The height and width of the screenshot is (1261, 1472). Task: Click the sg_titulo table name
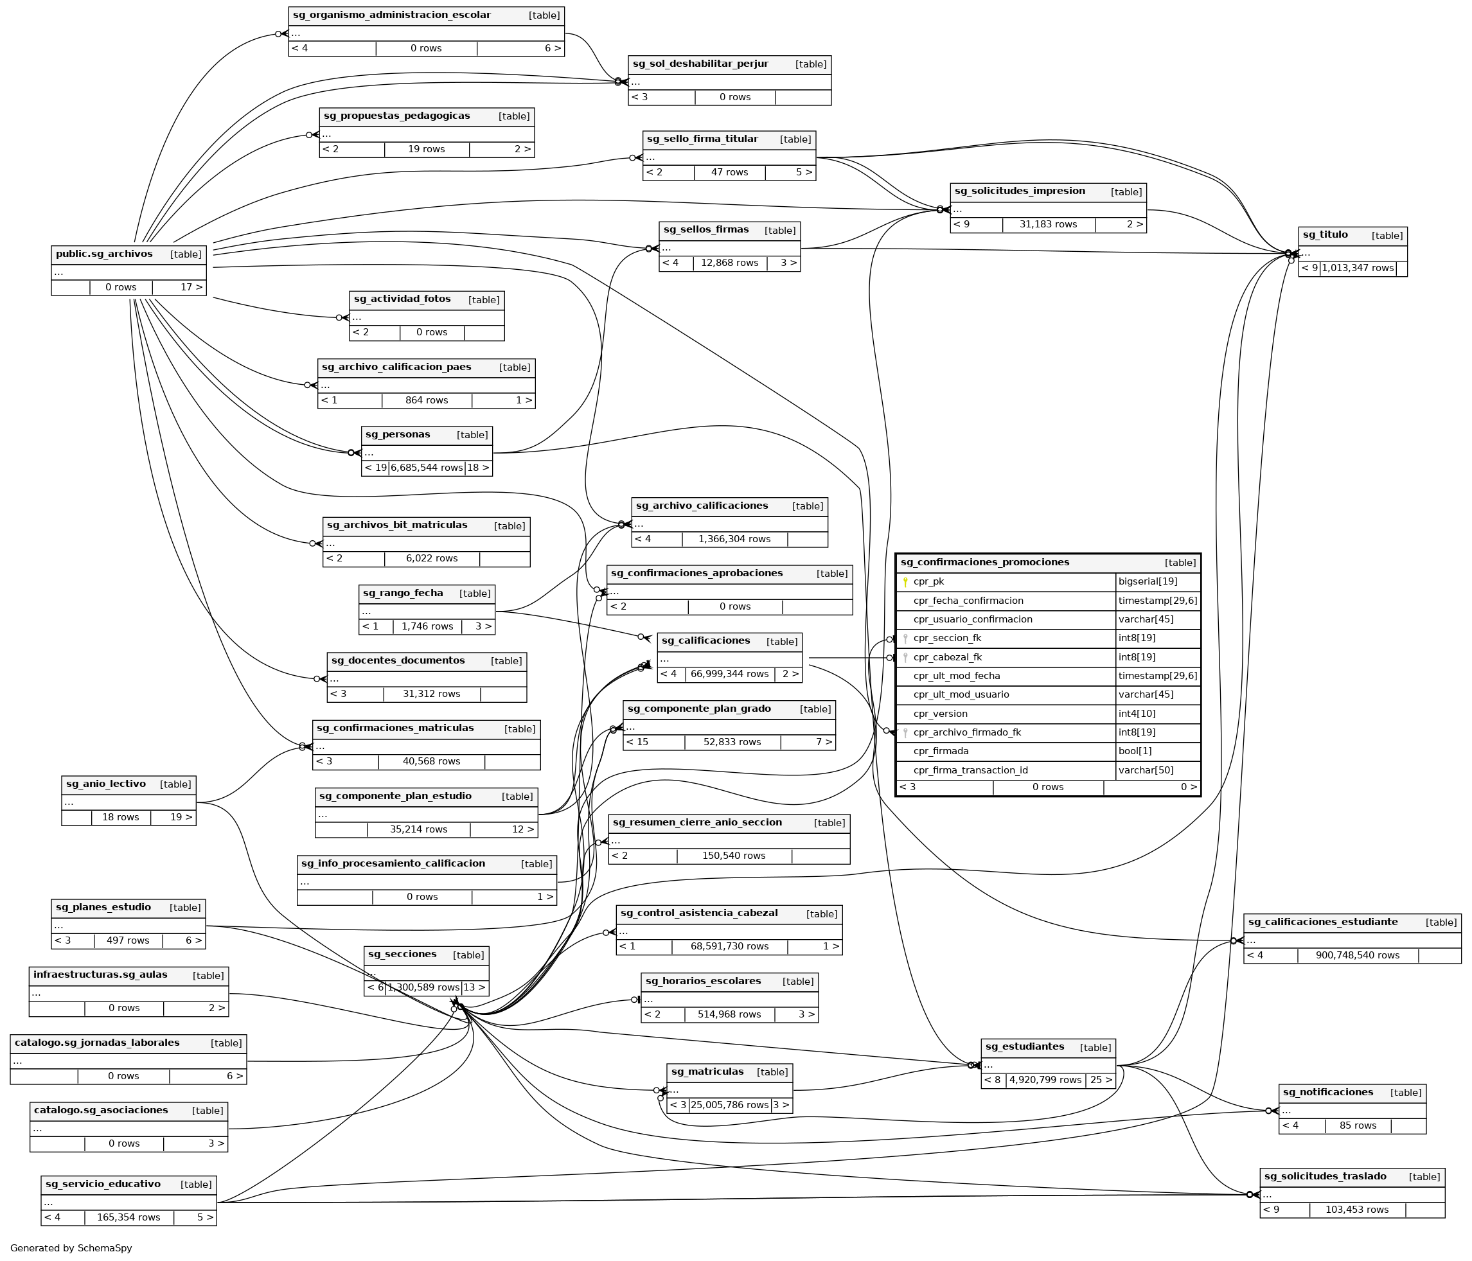pos(1325,235)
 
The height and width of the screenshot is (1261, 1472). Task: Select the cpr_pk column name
pos(928,582)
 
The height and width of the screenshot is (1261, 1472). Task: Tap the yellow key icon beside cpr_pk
pos(905,583)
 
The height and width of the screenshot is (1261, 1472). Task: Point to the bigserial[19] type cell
pos(1148,582)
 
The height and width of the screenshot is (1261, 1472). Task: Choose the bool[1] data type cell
pos(1135,752)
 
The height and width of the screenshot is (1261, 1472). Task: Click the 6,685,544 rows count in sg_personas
pos(426,468)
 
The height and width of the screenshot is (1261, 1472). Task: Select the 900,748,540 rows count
pos(1357,955)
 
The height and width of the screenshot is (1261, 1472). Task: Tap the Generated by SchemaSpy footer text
pos(71,1248)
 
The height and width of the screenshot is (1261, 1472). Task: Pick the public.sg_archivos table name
pos(103,254)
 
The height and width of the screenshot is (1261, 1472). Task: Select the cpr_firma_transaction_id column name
pos(970,771)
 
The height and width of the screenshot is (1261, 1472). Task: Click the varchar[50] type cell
pos(1145,771)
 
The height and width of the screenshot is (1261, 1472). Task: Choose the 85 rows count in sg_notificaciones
pos(1358,1126)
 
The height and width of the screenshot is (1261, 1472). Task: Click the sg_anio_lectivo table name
pos(106,784)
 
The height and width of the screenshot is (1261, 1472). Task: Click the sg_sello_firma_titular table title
pos(702,139)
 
